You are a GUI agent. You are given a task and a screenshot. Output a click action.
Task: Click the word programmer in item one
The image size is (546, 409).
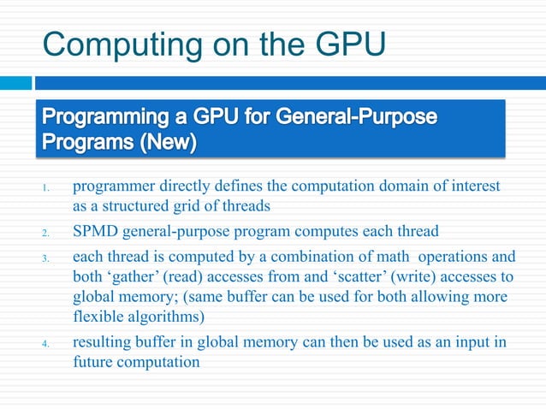(109, 186)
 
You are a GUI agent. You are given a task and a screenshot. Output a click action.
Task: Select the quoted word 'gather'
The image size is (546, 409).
(131, 277)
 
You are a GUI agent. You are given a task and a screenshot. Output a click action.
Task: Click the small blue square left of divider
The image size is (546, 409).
(15, 83)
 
